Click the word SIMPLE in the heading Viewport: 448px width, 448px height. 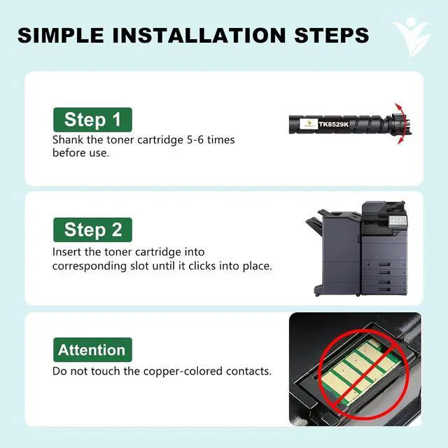[61, 36]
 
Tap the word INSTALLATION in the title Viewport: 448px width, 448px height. [199, 36]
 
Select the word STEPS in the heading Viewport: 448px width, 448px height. [331, 36]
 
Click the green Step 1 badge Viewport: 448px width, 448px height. [92, 120]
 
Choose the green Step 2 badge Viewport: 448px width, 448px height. [92, 230]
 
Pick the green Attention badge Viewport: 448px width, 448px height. [92, 350]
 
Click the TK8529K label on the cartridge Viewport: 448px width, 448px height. [334, 125]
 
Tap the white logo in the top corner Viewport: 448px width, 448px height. [412, 36]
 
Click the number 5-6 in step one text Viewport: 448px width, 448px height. [195, 140]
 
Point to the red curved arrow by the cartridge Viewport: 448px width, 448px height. [403, 123]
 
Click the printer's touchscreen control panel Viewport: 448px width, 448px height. [398, 220]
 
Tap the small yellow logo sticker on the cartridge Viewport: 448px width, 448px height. [309, 125]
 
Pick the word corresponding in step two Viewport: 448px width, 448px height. [90, 266]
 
